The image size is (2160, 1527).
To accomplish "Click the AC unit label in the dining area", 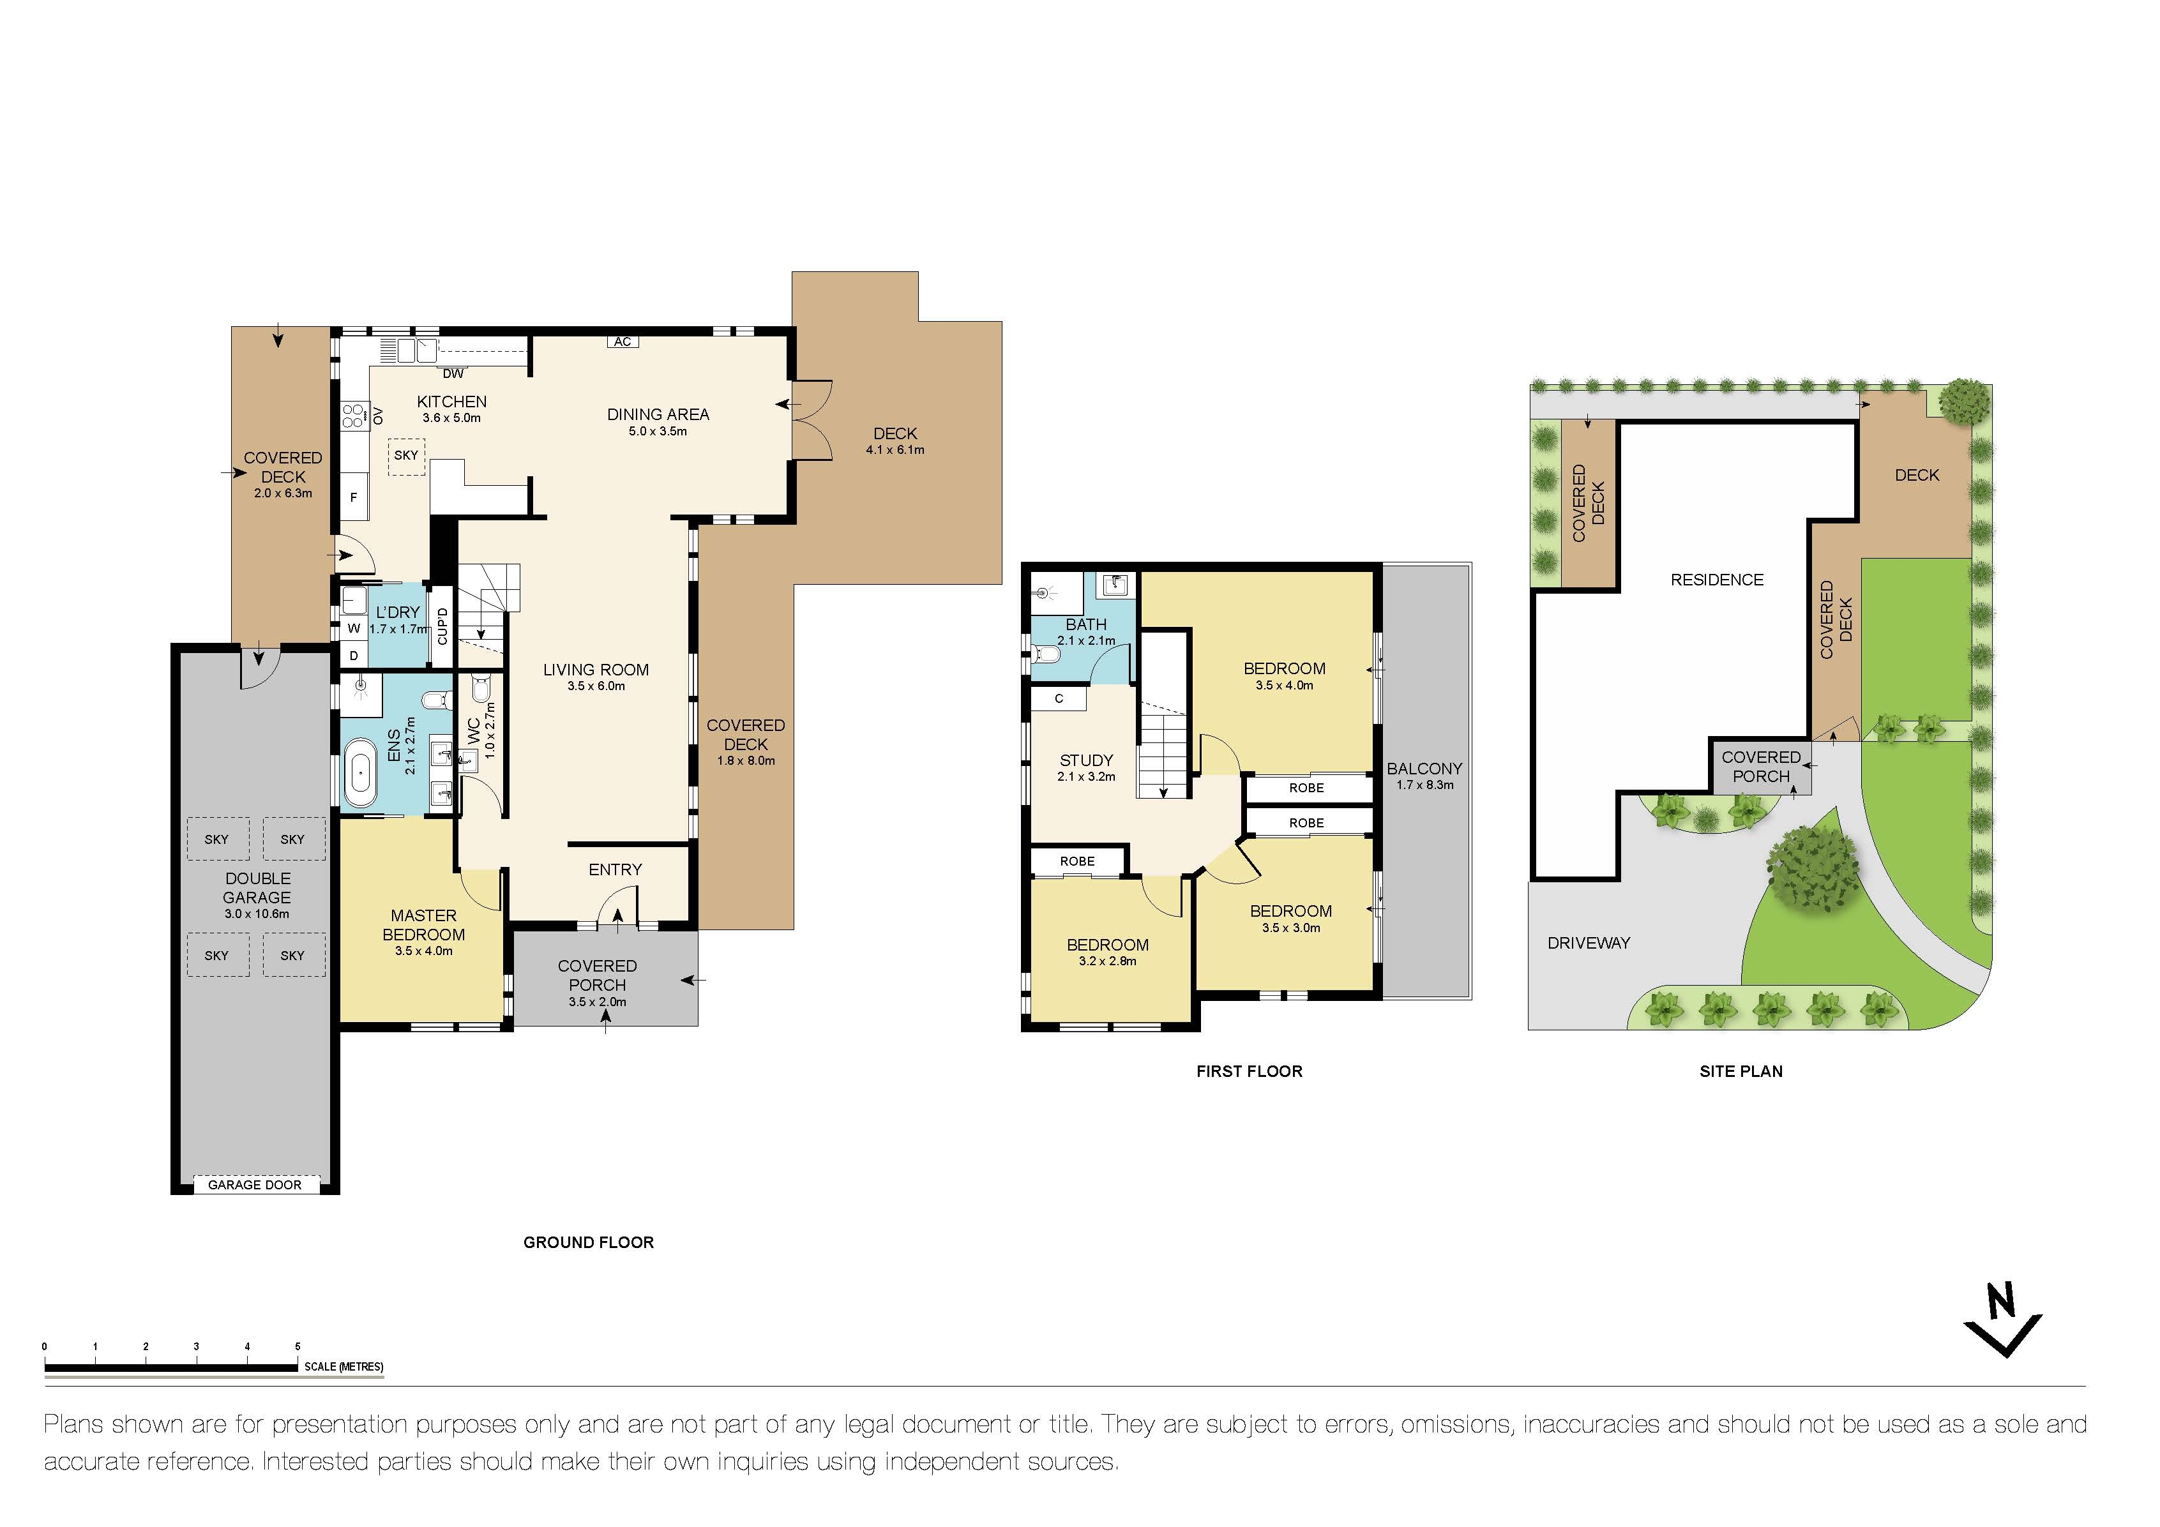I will coord(622,342).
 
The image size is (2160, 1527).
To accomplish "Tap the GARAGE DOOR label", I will coord(255,1185).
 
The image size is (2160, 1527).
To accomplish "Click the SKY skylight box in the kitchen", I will coord(407,455).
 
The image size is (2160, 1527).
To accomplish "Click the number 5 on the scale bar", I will coord(298,1346).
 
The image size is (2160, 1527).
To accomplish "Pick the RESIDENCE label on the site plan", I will coord(1717,580).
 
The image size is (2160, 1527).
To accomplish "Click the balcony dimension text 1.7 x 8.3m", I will coord(1424,785).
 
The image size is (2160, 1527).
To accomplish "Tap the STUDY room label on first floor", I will coord(1087,760).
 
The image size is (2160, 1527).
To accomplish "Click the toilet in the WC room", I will coord(481,691).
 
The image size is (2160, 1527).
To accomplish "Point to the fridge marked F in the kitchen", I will coord(354,499).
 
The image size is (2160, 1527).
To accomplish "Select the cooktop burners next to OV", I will coord(354,415).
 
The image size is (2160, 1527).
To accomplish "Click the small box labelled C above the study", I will coord(1059,698).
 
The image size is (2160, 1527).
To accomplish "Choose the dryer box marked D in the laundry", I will coord(354,656).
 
